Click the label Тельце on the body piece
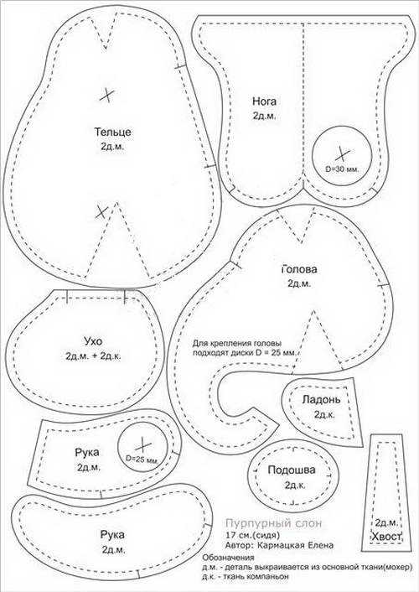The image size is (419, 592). [x=112, y=132]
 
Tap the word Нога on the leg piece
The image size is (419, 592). [x=264, y=101]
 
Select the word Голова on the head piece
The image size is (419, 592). [x=299, y=269]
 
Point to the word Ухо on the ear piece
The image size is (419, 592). [x=93, y=341]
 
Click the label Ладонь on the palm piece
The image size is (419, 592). [x=321, y=399]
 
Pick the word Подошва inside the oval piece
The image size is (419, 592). [x=292, y=470]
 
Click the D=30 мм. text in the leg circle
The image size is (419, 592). [x=343, y=169]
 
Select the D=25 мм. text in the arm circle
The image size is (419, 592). [x=142, y=460]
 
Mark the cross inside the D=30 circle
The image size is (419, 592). [x=343, y=153]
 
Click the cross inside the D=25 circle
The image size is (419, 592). [x=143, y=446]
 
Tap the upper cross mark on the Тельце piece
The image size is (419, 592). [x=107, y=95]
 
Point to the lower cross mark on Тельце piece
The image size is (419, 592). [x=101, y=212]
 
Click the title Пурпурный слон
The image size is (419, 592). [x=274, y=523]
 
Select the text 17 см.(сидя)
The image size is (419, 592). [x=253, y=535]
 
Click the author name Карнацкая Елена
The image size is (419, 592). [x=296, y=545]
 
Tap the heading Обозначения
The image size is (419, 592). [x=229, y=558]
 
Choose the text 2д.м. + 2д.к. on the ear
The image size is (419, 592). [x=93, y=356]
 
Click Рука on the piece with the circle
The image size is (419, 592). [x=87, y=452]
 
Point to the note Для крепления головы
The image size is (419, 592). [x=237, y=344]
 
